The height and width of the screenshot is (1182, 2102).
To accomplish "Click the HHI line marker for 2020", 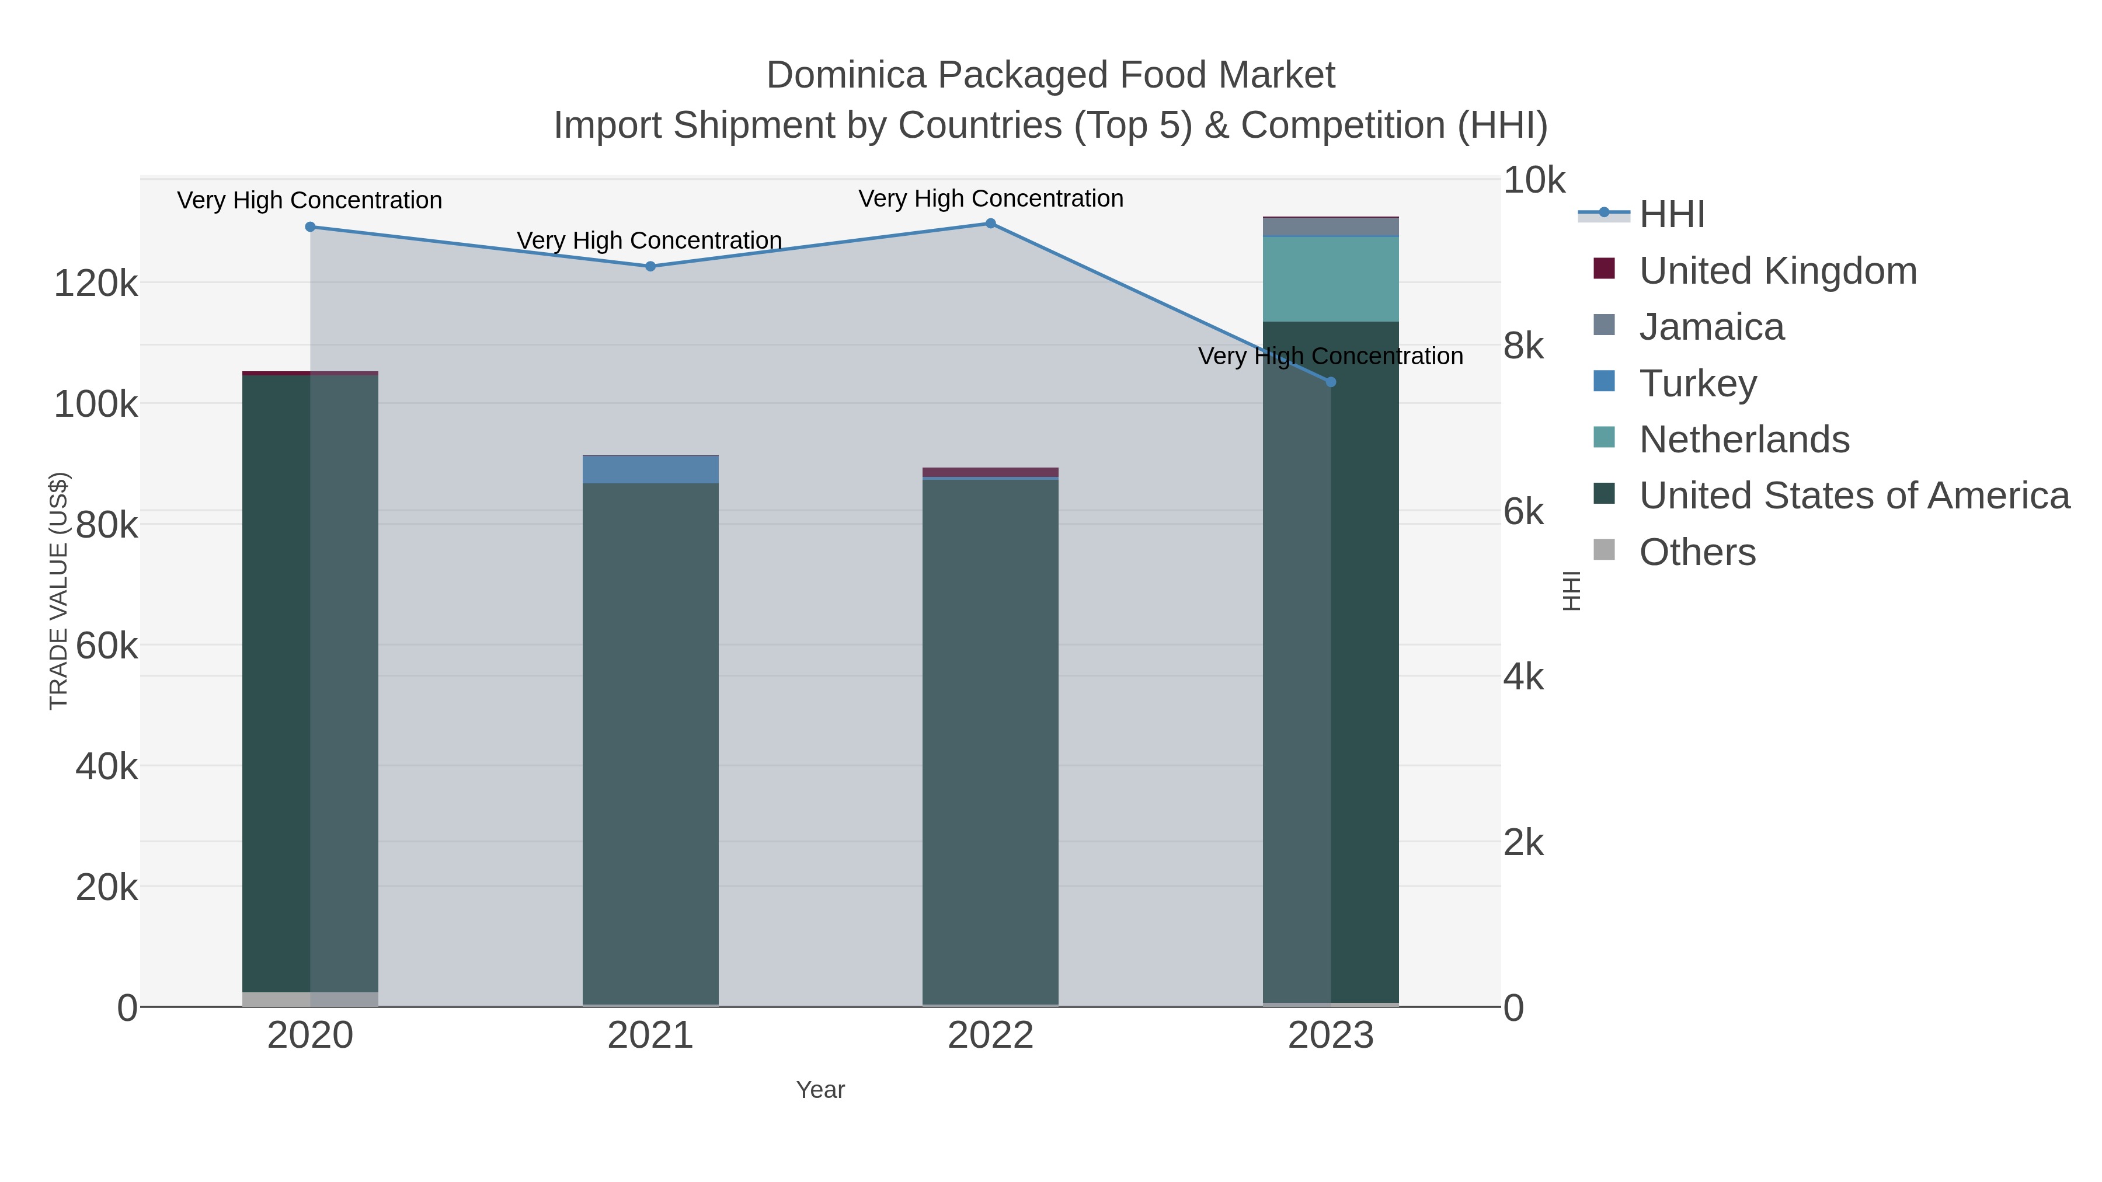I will pyautogui.click(x=310, y=227).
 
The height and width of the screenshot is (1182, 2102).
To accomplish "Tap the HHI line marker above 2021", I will pyautogui.click(x=650, y=266).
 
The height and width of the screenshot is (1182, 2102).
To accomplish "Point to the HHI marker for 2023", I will pyautogui.click(x=1331, y=382).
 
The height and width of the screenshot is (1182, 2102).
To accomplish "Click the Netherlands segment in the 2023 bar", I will pyautogui.click(x=1331, y=279).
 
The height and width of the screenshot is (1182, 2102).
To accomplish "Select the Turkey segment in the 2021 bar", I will pyautogui.click(x=650, y=470).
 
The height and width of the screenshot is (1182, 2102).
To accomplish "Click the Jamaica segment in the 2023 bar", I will pyautogui.click(x=1331, y=227).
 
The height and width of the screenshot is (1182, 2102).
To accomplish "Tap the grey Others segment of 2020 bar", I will pyautogui.click(x=310, y=999).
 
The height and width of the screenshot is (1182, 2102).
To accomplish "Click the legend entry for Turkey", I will pyautogui.click(x=1697, y=383).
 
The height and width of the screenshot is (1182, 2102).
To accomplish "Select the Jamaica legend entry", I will pyautogui.click(x=1711, y=327).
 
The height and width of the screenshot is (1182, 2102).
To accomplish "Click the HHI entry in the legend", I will pyautogui.click(x=1671, y=215).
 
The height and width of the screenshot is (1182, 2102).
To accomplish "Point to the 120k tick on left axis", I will pyautogui.click(x=96, y=284).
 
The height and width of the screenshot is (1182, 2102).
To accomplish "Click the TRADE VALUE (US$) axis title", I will pyautogui.click(x=59, y=591).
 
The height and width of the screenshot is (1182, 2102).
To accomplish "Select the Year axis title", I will pyautogui.click(x=820, y=1090).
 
